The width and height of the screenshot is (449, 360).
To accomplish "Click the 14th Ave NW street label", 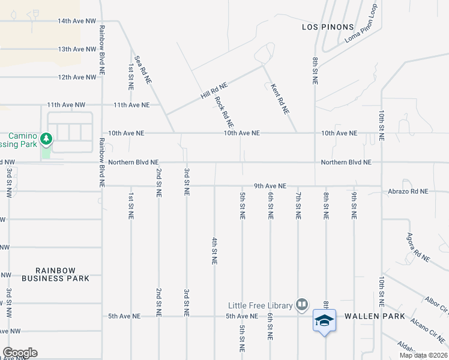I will [x=77, y=21].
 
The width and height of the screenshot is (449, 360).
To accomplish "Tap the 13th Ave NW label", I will [x=77, y=49].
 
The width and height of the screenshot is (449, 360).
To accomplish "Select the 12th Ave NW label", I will [x=77, y=77].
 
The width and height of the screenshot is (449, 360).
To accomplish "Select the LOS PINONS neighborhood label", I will [x=326, y=28].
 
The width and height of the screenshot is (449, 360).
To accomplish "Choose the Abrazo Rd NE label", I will [x=407, y=191].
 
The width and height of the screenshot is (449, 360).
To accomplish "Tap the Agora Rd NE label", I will [x=418, y=247].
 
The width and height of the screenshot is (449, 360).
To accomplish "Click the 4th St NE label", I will [x=214, y=251].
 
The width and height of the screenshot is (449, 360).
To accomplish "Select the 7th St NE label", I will [x=298, y=206].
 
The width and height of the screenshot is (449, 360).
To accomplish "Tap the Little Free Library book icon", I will [x=302, y=305].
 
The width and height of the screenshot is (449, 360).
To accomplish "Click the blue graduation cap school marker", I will [x=324, y=321].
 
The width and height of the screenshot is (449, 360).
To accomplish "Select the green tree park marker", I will [x=46, y=140].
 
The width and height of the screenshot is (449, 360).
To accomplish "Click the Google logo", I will [x=20, y=353].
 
